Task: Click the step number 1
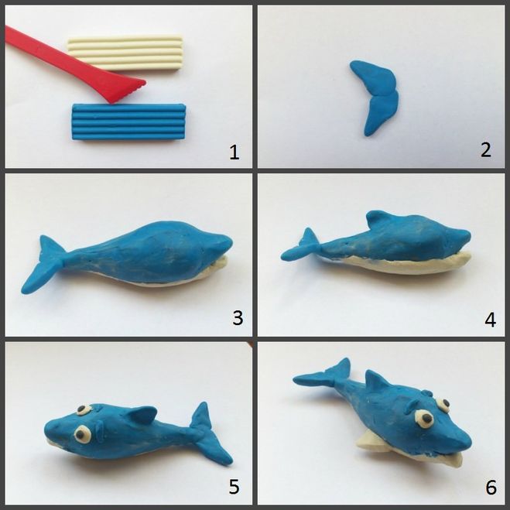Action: point(234,152)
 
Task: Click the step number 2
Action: point(485,150)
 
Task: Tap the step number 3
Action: point(238,318)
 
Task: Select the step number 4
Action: point(490,320)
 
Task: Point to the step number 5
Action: point(234,487)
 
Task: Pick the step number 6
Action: point(491,488)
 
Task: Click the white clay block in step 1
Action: point(125,53)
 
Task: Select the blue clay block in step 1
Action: point(129,122)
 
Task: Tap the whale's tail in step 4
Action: point(301,246)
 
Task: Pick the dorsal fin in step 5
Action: point(143,415)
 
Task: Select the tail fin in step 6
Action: point(325,374)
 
